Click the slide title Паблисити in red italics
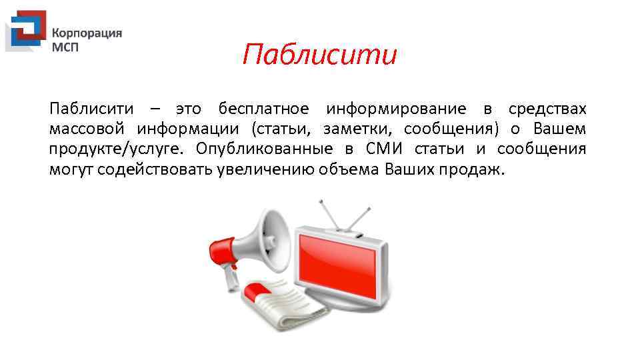point(319,55)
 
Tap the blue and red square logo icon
point(25,31)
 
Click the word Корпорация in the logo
point(87,33)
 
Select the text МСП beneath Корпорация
point(65,48)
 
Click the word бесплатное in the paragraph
point(263,109)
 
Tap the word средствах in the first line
point(547,109)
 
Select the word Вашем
point(560,129)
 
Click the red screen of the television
point(340,263)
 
